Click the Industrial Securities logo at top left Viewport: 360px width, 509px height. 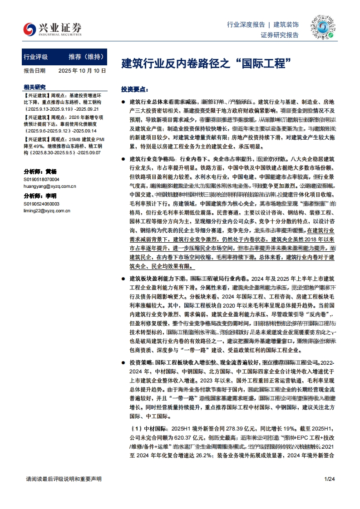click(53, 29)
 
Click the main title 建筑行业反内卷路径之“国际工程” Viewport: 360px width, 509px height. click(206, 62)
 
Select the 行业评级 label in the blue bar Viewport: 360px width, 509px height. click(35, 57)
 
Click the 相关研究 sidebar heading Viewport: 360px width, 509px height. click(35, 87)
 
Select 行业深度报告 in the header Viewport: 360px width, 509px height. click(246, 24)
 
